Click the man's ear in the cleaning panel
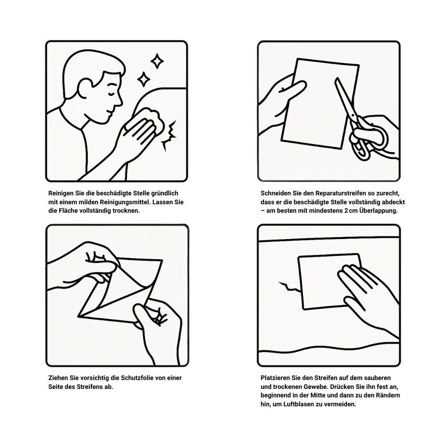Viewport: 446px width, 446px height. click(x=85, y=88)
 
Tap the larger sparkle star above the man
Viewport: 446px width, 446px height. click(x=157, y=61)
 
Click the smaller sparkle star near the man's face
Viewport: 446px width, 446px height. click(x=144, y=79)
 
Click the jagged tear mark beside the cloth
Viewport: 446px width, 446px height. click(x=169, y=135)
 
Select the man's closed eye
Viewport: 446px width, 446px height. click(x=112, y=93)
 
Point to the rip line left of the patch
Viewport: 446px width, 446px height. click(x=289, y=287)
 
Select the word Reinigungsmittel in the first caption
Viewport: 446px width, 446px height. click(x=125, y=202)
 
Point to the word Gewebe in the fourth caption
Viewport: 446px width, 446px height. click(x=316, y=387)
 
